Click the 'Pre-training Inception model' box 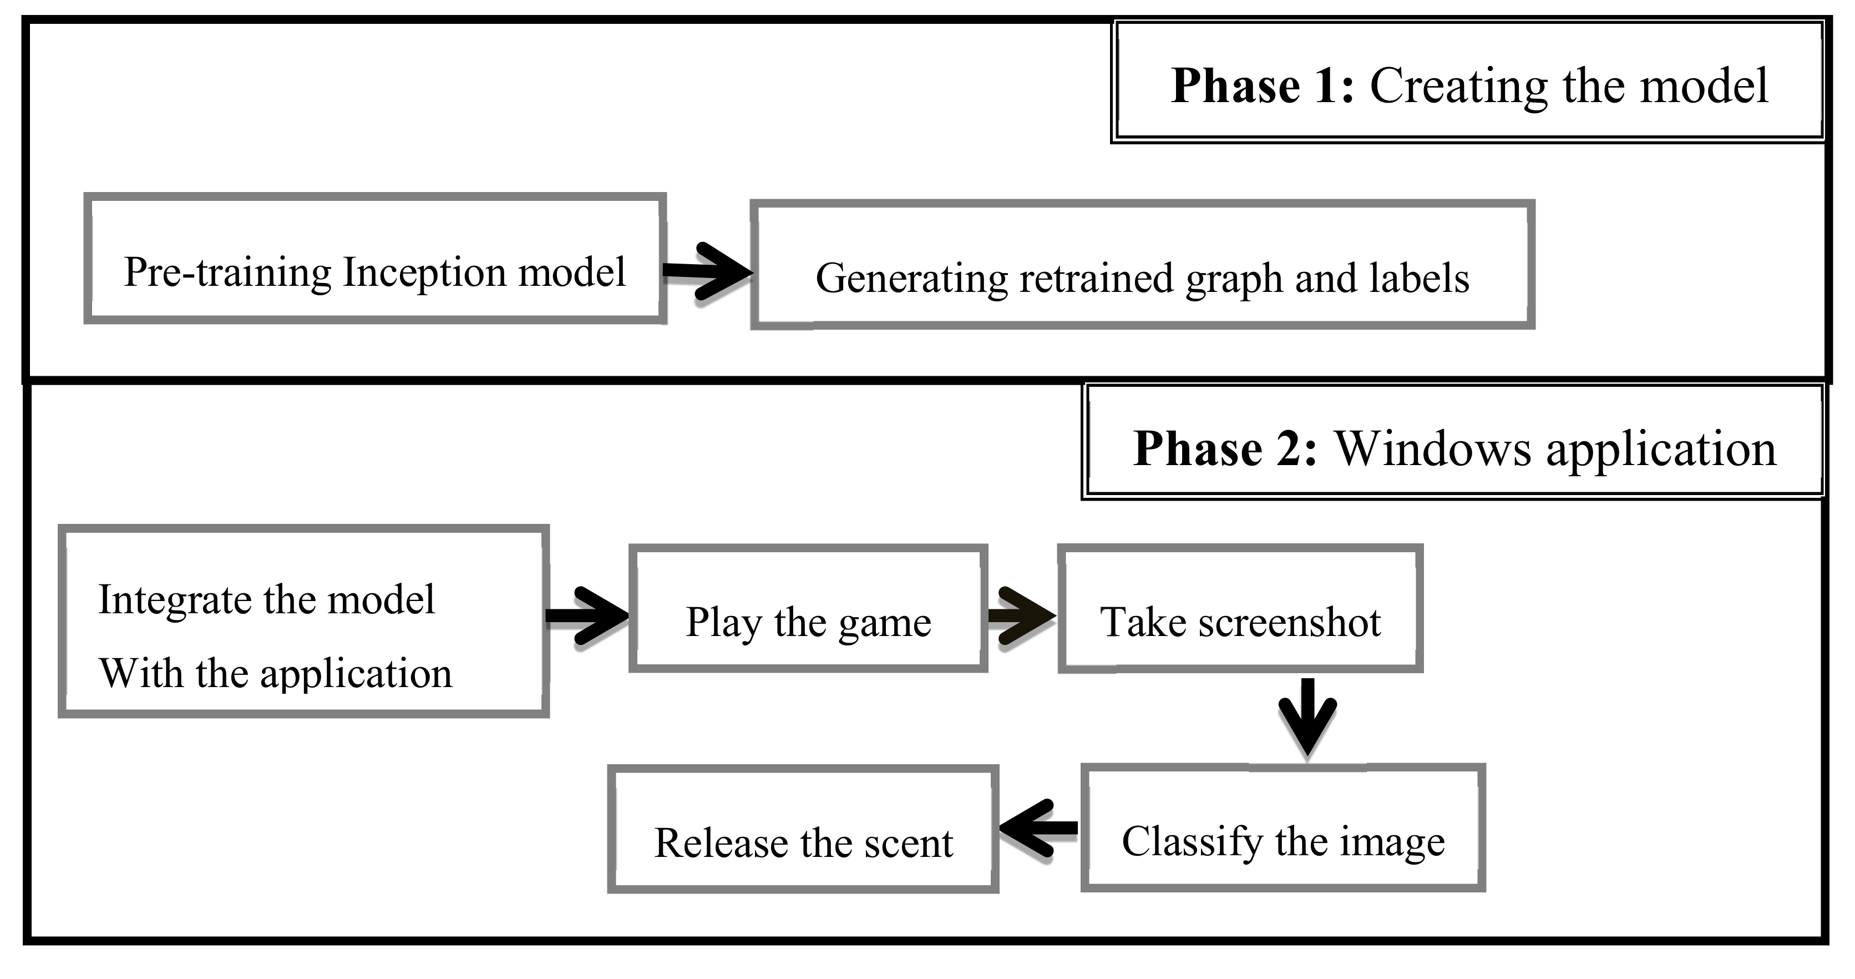[374, 258]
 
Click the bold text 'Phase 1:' [1261, 87]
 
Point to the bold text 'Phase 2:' [1225, 450]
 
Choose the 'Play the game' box [808, 609]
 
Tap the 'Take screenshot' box [1240, 609]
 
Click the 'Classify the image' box [1283, 829]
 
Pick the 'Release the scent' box [803, 829]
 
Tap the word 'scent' [908, 844]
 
